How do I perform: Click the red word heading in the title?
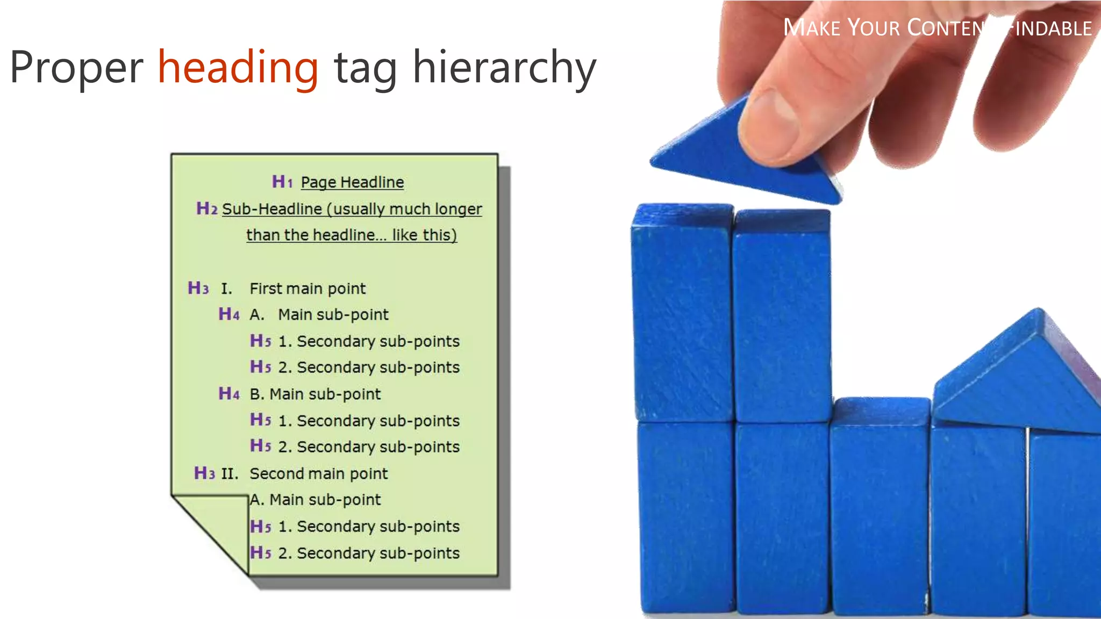(x=238, y=68)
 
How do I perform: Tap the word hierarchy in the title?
(x=504, y=68)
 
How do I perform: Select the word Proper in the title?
(x=76, y=68)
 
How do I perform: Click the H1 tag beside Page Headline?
(x=282, y=182)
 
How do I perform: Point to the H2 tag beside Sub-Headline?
(x=207, y=208)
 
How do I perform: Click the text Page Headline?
(x=352, y=182)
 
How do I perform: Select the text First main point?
(x=308, y=289)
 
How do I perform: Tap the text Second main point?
(x=318, y=473)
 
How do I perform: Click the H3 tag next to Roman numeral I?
(x=198, y=288)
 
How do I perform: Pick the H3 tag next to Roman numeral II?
(x=204, y=473)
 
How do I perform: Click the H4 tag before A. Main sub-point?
(x=229, y=314)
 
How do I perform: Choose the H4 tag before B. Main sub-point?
(x=229, y=394)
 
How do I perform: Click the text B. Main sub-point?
(x=315, y=394)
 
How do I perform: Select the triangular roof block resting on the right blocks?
(x=1016, y=376)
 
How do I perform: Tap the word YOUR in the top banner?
(x=874, y=28)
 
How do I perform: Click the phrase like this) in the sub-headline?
(x=424, y=235)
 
